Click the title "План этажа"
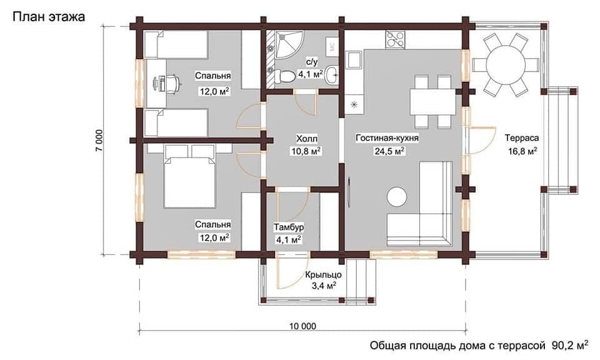[x=49, y=17]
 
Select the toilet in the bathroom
[x=282, y=76]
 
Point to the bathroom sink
[x=331, y=75]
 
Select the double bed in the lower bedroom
[x=189, y=176]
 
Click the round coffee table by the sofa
[x=396, y=197]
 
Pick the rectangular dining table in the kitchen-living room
[x=433, y=102]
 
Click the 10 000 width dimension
[x=302, y=326]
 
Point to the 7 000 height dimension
[x=99, y=141]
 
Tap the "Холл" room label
[x=307, y=139]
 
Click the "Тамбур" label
[x=289, y=227]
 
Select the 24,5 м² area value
[x=389, y=151]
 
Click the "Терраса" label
[x=521, y=137]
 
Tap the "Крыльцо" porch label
[x=323, y=274]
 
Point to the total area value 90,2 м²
[x=570, y=346]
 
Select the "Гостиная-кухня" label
[x=387, y=137]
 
